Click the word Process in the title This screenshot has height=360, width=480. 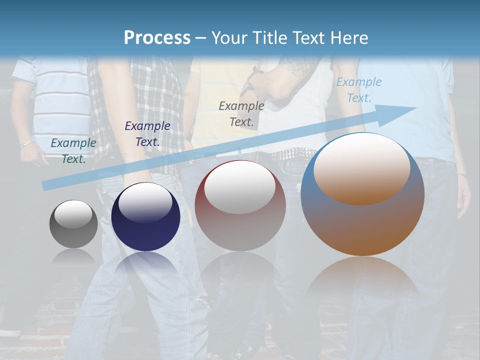[x=157, y=37]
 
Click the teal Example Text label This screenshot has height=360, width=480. [x=73, y=150]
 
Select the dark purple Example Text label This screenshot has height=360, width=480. [x=147, y=133]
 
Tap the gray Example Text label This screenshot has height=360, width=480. [x=241, y=113]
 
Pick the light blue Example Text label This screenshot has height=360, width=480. [x=358, y=90]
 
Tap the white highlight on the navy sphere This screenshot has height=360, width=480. [x=145, y=202]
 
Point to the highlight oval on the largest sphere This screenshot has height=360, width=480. [x=362, y=168]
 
